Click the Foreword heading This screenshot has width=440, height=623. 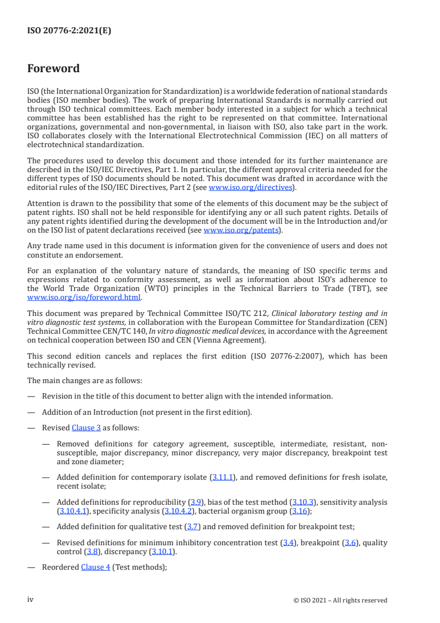click(x=53, y=69)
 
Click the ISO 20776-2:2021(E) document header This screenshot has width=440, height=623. click(x=69, y=31)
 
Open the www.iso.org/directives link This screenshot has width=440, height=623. click(x=250, y=187)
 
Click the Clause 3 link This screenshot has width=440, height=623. click(x=83, y=428)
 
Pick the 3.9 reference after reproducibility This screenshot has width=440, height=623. click(x=195, y=502)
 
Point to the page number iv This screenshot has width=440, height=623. click(x=31, y=600)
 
